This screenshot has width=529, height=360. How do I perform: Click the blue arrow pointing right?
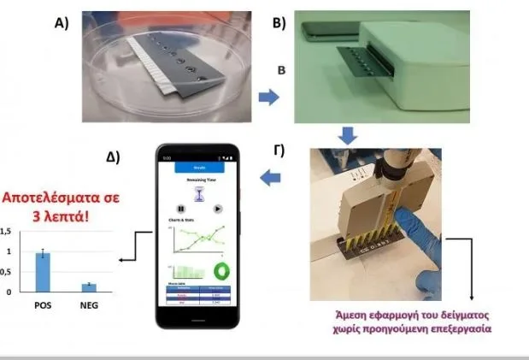(x=269, y=97)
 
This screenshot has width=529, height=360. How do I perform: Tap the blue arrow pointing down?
(x=347, y=134)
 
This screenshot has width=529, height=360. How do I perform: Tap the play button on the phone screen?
(x=217, y=208)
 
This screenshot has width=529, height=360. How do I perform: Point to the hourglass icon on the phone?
(x=199, y=193)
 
